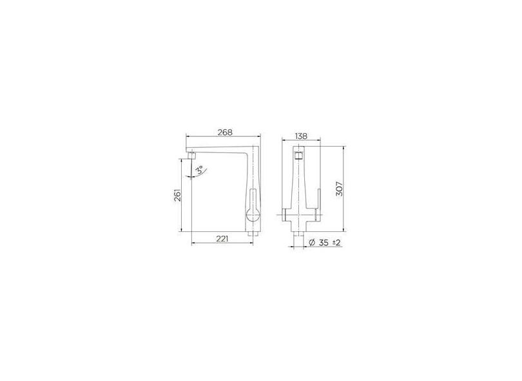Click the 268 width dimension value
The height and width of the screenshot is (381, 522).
tap(224, 132)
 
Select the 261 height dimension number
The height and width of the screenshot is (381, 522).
tap(179, 195)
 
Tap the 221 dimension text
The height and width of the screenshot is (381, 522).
tap(222, 239)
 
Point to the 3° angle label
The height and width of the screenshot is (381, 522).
tap(200, 170)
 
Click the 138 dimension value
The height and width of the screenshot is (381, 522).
tap(300, 136)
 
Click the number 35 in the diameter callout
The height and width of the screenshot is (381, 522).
tap(324, 242)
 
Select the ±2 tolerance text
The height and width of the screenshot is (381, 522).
tap(336, 242)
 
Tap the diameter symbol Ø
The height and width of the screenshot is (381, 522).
tap(312, 242)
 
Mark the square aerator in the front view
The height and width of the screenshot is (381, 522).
tap(298, 156)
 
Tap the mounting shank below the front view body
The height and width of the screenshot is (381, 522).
tap(298, 240)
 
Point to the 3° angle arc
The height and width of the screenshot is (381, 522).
tap(190, 172)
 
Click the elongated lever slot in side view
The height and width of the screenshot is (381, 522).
tap(253, 199)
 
